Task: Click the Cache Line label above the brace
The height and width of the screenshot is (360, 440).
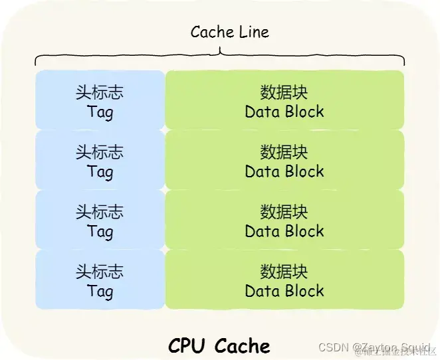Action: click(x=229, y=32)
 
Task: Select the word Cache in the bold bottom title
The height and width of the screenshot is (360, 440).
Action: click(x=243, y=345)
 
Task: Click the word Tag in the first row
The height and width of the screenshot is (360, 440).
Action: click(x=100, y=112)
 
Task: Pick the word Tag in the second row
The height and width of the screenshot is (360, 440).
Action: click(x=100, y=171)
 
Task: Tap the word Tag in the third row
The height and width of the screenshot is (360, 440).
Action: click(x=100, y=231)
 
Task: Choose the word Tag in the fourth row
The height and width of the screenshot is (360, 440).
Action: click(x=100, y=291)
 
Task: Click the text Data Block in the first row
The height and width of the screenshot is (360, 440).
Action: click(x=284, y=112)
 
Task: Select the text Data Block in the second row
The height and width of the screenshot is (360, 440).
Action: click(x=284, y=171)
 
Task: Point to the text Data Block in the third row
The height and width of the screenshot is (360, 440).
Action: click(x=284, y=231)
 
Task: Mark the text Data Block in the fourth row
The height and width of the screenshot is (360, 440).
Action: click(x=284, y=291)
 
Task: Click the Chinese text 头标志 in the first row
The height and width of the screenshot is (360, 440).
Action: click(x=100, y=93)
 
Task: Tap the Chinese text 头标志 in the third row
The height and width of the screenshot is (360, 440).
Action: click(x=100, y=213)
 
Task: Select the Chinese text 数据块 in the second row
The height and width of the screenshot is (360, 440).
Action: click(x=284, y=153)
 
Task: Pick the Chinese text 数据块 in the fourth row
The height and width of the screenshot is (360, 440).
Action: click(x=284, y=272)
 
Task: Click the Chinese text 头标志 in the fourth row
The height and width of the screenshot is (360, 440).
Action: click(x=100, y=272)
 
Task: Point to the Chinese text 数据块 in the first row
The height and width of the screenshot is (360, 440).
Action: click(x=284, y=93)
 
